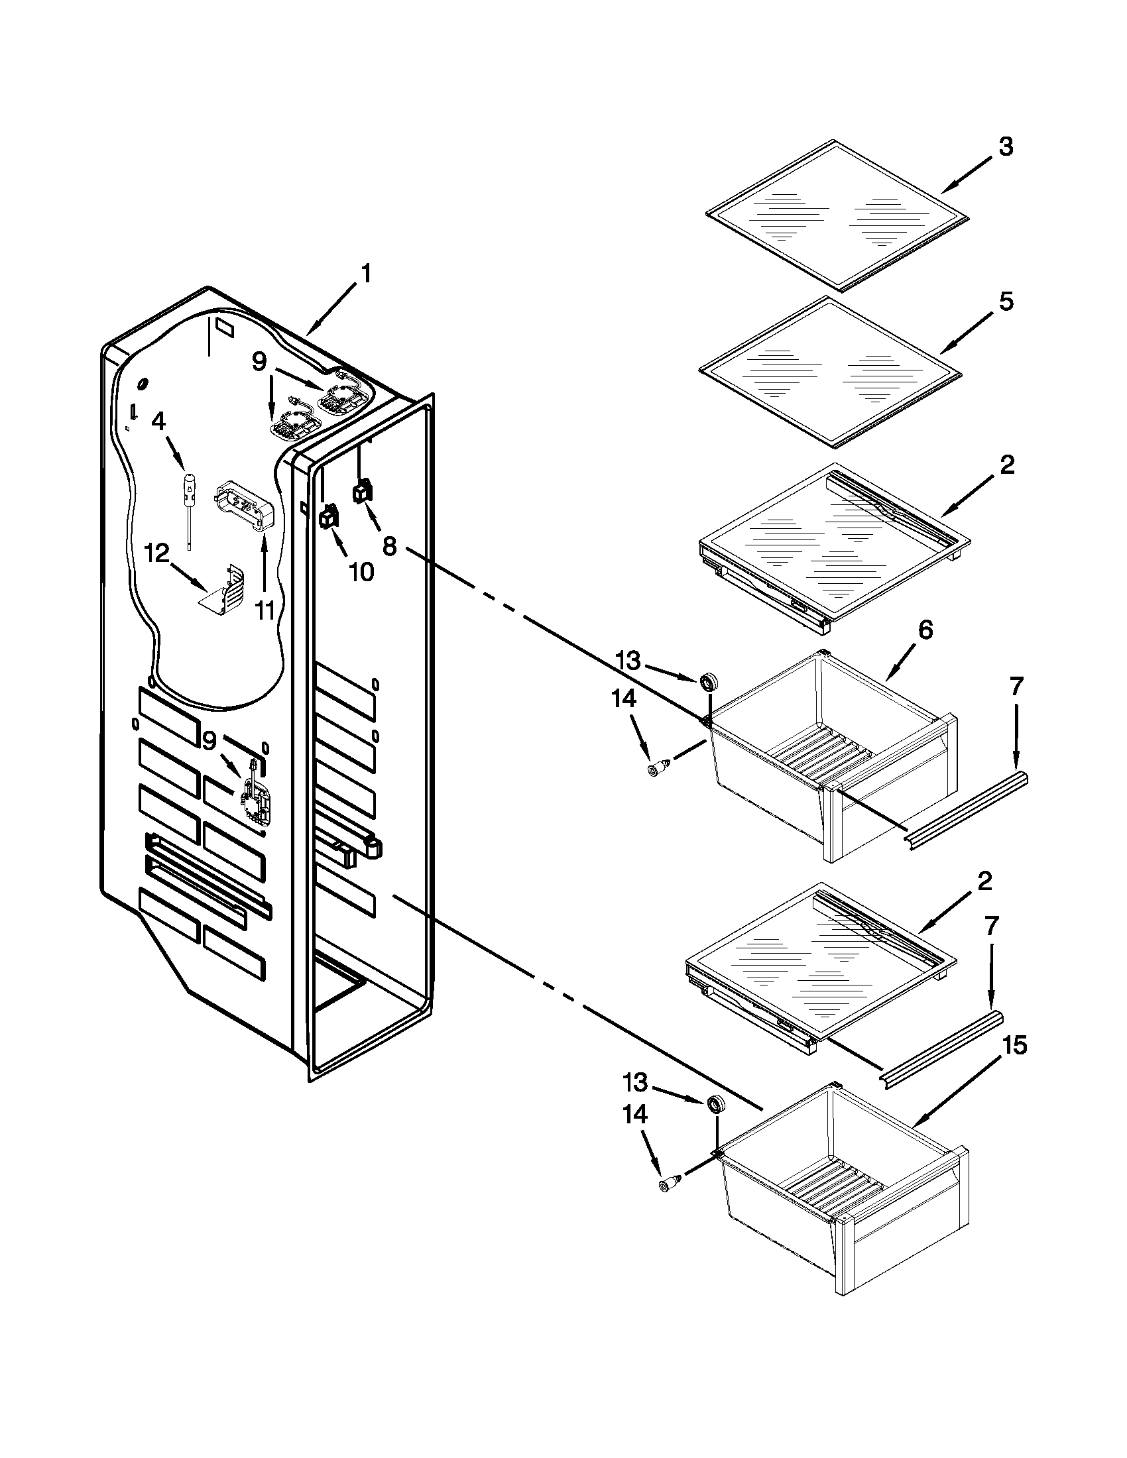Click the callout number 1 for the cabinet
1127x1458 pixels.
[365, 274]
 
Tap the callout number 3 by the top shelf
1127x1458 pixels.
[1006, 147]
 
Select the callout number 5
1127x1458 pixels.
[1006, 302]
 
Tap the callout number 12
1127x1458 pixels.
[158, 553]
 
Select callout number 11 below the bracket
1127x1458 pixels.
[265, 609]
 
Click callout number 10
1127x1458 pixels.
[361, 571]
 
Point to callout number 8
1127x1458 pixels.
[389, 547]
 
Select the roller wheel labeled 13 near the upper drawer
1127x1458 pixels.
[708, 682]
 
